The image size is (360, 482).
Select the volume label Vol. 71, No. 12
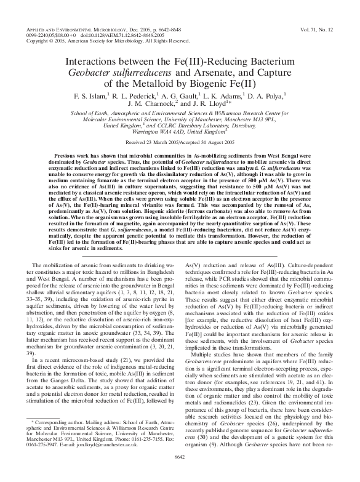coord(319,29)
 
